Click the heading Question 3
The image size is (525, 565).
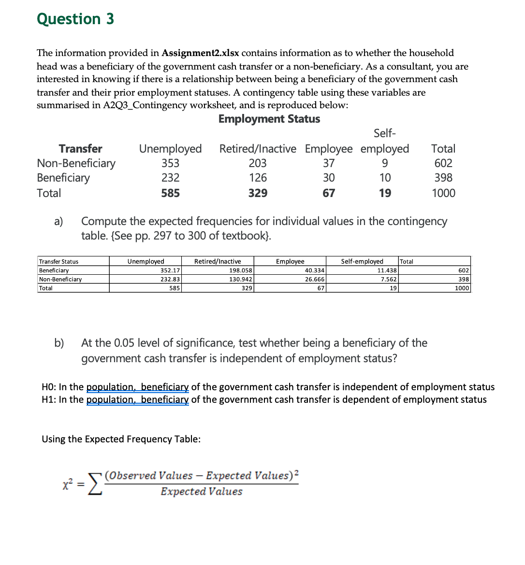(x=75, y=19)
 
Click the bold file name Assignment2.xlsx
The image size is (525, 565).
(x=201, y=53)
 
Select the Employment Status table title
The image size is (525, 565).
(x=269, y=119)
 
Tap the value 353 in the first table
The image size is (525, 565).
(x=170, y=163)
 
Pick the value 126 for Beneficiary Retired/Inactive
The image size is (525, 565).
(x=258, y=178)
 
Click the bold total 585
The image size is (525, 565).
(x=170, y=193)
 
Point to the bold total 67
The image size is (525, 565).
(x=329, y=193)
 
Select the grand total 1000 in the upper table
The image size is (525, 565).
(x=443, y=193)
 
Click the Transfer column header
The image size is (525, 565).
(x=80, y=149)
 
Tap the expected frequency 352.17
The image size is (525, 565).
(x=170, y=270)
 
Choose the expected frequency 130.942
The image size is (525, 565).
(x=241, y=279)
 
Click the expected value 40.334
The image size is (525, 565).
(x=315, y=270)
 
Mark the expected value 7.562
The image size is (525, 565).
(x=389, y=279)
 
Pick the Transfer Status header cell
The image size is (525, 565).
(x=58, y=262)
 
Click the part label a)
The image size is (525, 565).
(x=58, y=222)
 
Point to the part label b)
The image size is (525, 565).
(x=59, y=343)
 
